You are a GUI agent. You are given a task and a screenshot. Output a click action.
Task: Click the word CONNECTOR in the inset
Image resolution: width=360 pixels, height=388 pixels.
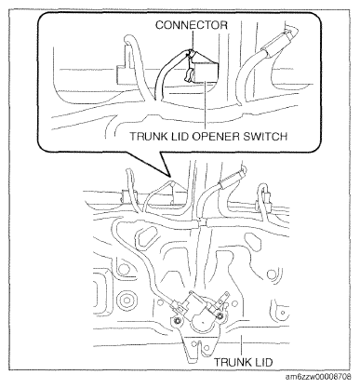pos(191,25)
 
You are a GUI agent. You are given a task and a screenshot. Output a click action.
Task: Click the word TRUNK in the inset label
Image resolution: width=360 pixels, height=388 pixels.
pos(149,137)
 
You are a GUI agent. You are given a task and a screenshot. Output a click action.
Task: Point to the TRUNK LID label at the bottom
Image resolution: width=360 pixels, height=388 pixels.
pos(244,362)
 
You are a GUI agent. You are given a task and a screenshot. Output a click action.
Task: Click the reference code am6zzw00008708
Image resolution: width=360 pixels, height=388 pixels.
pos(318,377)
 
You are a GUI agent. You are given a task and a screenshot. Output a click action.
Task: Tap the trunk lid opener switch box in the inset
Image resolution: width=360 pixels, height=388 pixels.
pos(206,72)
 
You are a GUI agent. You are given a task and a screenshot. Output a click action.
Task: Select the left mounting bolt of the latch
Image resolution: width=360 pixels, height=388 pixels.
pos(178,321)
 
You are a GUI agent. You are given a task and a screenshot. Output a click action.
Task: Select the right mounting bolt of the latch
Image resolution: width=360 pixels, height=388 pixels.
pos(220,316)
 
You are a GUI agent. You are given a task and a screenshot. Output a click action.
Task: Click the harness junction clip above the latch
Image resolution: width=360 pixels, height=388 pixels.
pos(202,222)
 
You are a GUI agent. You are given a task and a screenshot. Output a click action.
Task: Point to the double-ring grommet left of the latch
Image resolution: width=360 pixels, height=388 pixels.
pos(127,301)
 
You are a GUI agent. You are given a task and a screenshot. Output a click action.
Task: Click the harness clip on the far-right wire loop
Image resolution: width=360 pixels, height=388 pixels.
pos(267,198)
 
